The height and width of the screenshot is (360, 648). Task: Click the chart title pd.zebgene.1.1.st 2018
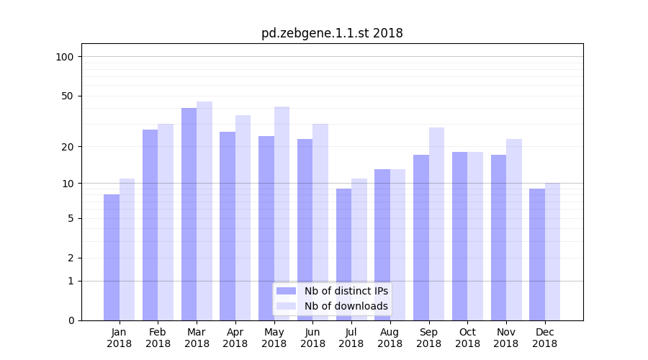coord(332,33)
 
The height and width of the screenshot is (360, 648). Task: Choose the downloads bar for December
coord(552,251)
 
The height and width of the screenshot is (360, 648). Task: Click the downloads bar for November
coord(514,230)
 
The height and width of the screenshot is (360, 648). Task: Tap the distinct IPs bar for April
coord(228,226)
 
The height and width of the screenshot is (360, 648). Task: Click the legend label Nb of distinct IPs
coord(346,291)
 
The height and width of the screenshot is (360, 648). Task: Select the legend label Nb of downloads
coord(346,306)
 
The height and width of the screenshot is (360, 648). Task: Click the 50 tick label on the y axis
coord(68,96)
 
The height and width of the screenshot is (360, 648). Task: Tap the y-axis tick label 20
coord(68,147)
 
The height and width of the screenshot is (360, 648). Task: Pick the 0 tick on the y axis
coord(71,320)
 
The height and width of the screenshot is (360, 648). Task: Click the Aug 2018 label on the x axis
coord(390,338)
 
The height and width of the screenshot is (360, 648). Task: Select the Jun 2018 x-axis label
coord(312,338)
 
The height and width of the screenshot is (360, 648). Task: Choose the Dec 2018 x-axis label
coord(544,338)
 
